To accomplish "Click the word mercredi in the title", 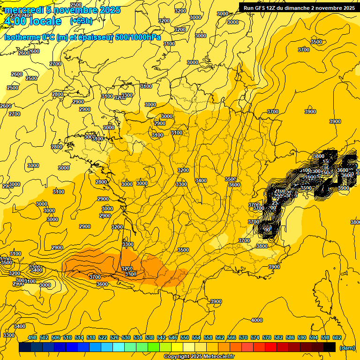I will click(23, 10).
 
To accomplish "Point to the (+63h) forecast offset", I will click(81, 21).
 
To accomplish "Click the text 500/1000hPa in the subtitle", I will click(139, 37).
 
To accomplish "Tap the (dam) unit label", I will click(347, 347).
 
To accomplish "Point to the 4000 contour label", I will click(257, 320).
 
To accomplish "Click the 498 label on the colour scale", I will click(32, 337).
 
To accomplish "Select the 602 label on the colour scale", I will click(337, 337).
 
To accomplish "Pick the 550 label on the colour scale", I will click(185, 337).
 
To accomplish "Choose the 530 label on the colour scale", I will click(126, 337).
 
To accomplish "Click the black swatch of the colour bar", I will click(330, 347).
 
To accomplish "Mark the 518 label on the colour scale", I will click(91, 337).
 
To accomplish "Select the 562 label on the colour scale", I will click(220, 337).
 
